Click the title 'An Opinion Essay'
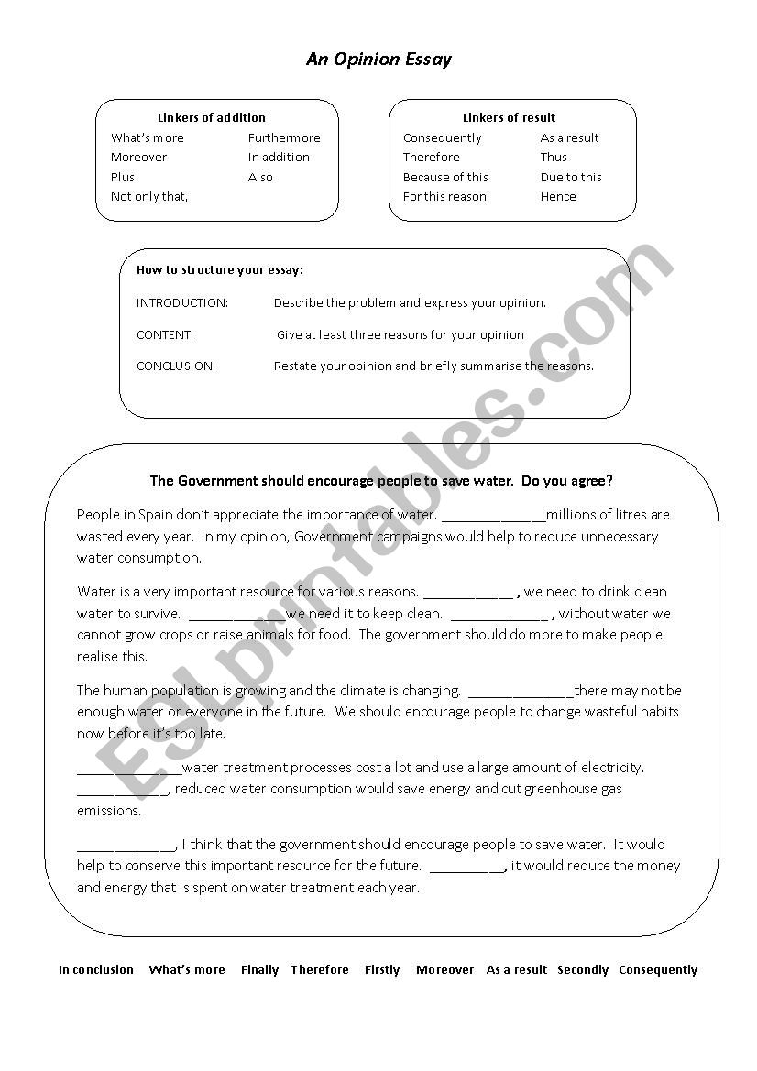tap(378, 60)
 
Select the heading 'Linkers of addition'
tap(212, 117)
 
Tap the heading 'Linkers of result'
tap(509, 117)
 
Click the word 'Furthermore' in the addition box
tap(284, 138)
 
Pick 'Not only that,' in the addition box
tap(149, 196)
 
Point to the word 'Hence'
tap(558, 196)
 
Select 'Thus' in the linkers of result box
tap(554, 158)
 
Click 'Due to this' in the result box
tap(571, 177)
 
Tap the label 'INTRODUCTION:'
tap(182, 302)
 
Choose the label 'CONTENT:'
tap(165, 334)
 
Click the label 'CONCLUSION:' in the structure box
tap(176, 366)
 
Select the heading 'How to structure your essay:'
tap(220, 270)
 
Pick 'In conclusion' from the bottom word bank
tap(96, 970)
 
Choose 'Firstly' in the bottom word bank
tap(382, 970)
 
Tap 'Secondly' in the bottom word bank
tap(583, 970)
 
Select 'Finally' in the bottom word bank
tap(259, 970)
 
